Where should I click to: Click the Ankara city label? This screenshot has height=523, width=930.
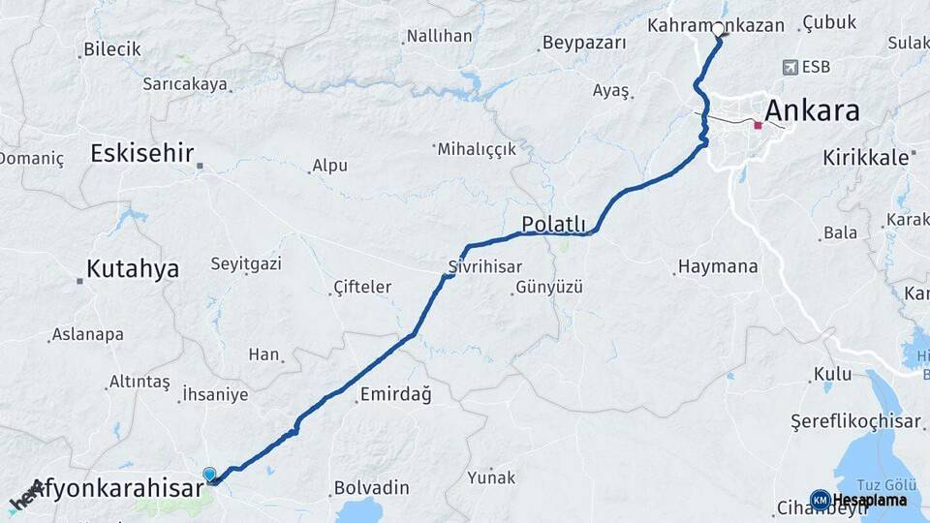pos(812,111)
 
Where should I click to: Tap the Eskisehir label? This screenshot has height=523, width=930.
pos(142,153)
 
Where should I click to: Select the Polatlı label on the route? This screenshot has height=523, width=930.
pos(554,224)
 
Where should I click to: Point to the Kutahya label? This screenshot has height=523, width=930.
pos(133,269)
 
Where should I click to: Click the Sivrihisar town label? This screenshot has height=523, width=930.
pos(485,266)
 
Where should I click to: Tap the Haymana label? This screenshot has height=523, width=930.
pos(718,266)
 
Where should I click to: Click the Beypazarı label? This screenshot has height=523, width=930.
pos(584,43)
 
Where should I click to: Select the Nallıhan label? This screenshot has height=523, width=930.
pos(439,36)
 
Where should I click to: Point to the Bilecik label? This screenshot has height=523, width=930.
pos(112,48)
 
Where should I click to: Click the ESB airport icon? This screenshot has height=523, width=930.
pos(791,67)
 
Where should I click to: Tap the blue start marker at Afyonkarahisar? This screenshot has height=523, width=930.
pos(210,474)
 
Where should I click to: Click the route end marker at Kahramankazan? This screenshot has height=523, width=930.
pos(719,37)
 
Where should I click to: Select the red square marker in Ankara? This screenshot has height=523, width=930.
pos(758,125)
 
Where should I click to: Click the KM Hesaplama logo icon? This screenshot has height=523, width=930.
pos(820,500)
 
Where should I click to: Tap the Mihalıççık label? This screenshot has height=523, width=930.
pos(478,149)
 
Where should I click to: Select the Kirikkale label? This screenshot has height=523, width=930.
pos(865,156)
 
